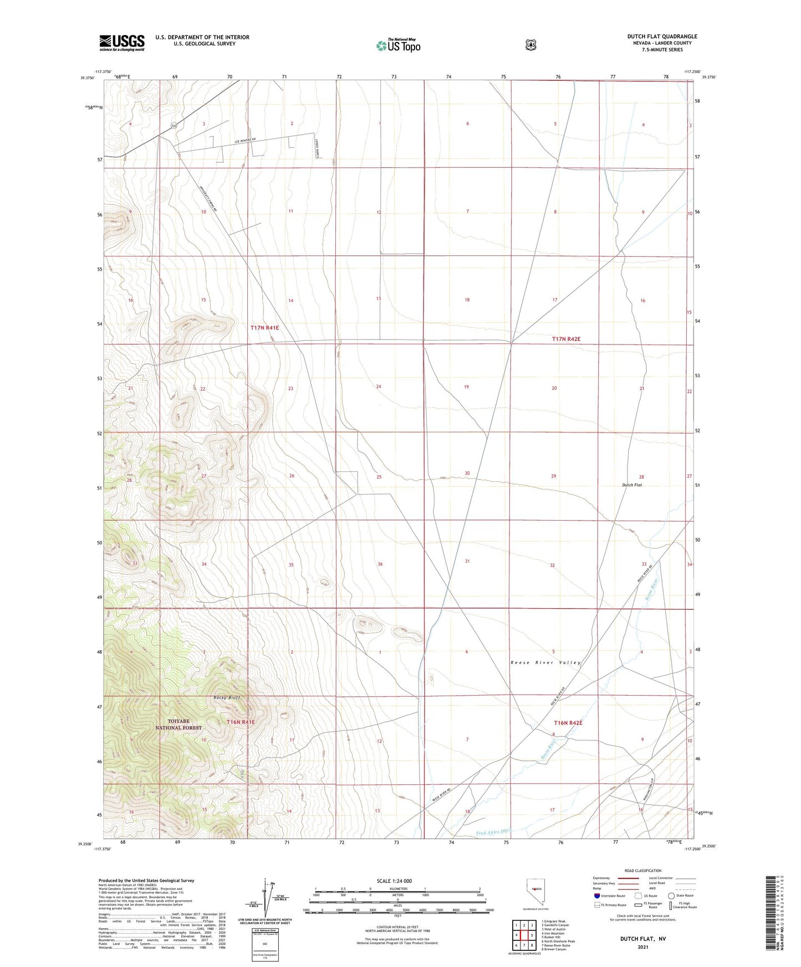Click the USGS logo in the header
[122, 43]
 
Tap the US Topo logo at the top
[398, 45]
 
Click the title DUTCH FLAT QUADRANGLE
[662, 37]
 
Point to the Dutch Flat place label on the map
[631, 485]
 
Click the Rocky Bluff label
[226, 697]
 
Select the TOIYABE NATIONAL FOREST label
[178, 724]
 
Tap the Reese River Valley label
[545, 662]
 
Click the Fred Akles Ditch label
[493, 832]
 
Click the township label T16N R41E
[241, 722]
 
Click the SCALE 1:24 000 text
[394, 881]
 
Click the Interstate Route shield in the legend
[596, 896]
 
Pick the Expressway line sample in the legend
[629, 878]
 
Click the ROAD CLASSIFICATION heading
[642, 871]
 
